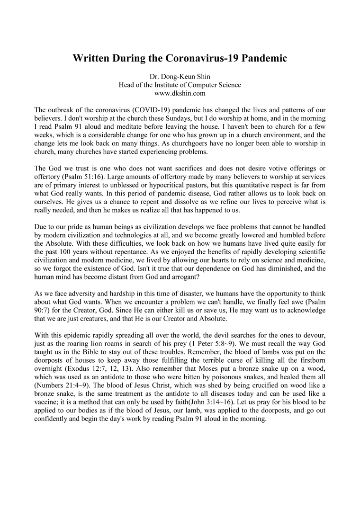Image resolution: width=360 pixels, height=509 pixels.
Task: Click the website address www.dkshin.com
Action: click(x=180, y=93)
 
